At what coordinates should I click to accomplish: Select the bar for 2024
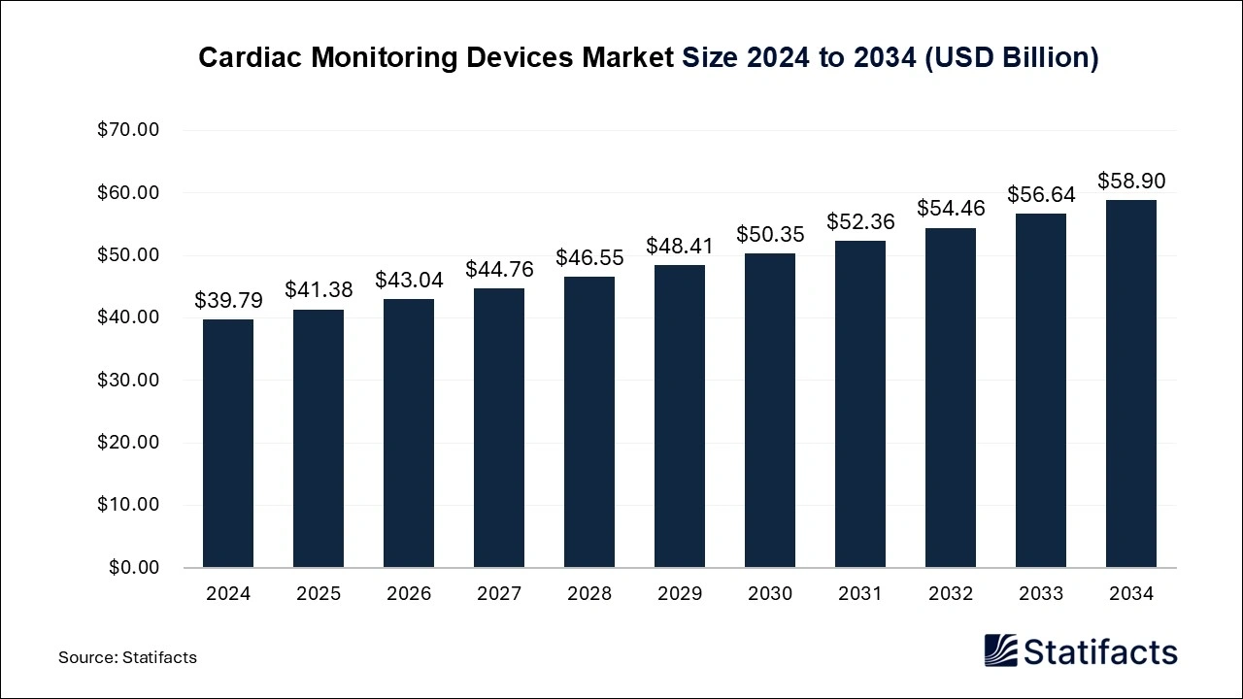point(228,444)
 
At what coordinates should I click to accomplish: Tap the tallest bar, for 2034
point(1131,383)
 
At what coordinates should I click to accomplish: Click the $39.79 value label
point(228,301)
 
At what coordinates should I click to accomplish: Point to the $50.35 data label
point(770,235)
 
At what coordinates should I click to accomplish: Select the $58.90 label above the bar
point(1131,182)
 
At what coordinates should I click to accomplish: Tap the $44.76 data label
point(499,270)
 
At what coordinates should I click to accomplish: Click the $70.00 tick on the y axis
point(128,130)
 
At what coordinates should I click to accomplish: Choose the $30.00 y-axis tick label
point(128,380)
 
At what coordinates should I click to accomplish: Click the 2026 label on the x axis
point(409,593)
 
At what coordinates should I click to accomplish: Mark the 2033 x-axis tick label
point(1041,593)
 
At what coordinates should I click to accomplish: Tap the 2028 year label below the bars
point(589,593)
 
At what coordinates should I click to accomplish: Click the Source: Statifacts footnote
point(127,657)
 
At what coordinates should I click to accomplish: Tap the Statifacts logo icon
point(1000,650)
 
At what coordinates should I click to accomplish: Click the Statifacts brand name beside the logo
point(1100,651)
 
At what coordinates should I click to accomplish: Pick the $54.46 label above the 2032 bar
point(951,209)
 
